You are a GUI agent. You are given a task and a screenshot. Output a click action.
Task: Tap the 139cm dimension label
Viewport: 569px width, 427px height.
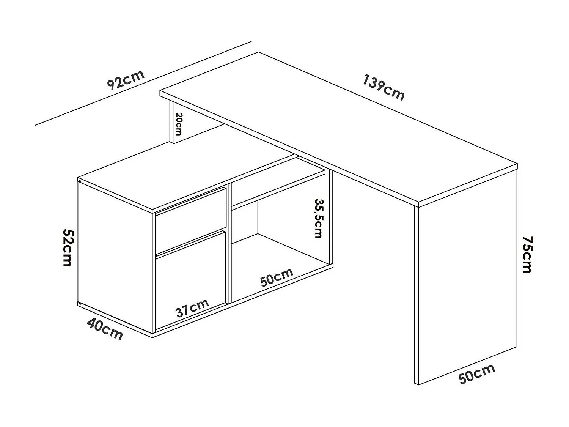click(384, 88)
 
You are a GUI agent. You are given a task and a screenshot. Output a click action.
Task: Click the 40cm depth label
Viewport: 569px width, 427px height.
click(105, 329)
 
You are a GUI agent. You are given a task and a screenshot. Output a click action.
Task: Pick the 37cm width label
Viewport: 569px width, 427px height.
click(192, 308)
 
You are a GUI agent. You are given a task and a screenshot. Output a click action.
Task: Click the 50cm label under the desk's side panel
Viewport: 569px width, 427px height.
click(476, 373)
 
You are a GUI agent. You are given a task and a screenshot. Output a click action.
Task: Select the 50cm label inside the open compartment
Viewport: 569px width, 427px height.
click(277, 277)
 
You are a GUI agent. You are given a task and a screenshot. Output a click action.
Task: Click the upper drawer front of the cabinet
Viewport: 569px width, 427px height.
click(191, 220)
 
